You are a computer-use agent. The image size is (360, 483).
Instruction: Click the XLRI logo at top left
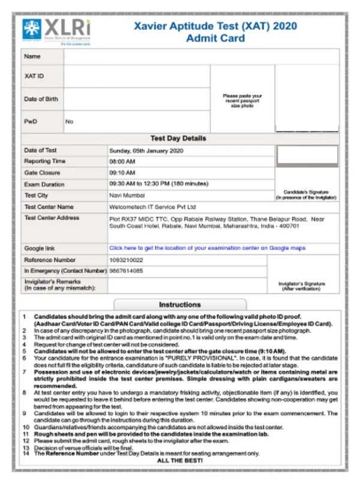pos(56,32)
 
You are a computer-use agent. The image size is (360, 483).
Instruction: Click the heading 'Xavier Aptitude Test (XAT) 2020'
pos(215,26)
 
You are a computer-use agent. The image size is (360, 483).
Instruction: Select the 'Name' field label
pos(32,56)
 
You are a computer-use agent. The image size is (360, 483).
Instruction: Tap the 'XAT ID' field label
pos(34,76)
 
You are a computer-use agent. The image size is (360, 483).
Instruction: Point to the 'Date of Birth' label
pos(41,99)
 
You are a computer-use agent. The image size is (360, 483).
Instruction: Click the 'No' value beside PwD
pos(70,122)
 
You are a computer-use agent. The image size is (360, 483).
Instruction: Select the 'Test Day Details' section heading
pos(178,138)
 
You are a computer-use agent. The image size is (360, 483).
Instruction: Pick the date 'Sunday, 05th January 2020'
pos(146,151)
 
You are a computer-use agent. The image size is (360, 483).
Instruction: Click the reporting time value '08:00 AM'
pos(122,162)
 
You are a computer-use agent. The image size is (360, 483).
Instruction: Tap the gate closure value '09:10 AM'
pos(122,173)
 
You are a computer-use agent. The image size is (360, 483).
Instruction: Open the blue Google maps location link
pos(207,248)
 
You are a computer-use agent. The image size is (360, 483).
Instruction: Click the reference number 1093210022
pos(126,260)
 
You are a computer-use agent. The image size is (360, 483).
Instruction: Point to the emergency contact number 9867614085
pos(126,271)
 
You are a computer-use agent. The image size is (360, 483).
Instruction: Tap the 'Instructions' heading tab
pos(179,304)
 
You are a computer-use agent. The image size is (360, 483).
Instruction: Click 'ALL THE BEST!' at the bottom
pos(179,460)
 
